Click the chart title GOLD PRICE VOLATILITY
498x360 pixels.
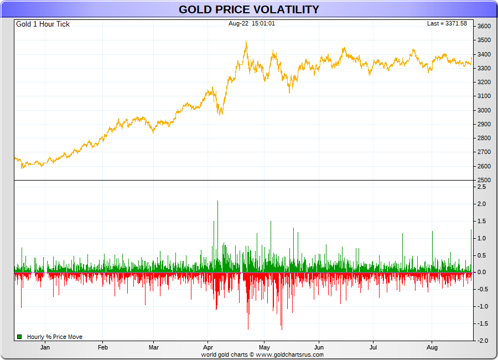tap(248, 9)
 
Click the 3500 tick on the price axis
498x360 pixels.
tap(484, 40)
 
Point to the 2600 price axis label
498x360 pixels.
tap(484, 166)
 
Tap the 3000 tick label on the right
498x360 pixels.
tap(484, 110)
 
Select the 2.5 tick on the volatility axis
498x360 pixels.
tap(481, 187)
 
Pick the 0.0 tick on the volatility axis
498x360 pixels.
tap(481, 272)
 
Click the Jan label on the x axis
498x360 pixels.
tap(45, 347)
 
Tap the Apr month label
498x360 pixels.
tap(208, 347)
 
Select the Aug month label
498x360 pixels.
tap(433, 347)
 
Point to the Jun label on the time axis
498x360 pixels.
tap(319, 347)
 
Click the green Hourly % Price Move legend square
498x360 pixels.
tap(19, 337)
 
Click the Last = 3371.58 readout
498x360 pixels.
tap(447, 24)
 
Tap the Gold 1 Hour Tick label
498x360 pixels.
tap(43, 24)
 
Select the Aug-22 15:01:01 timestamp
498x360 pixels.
tap(252, 23)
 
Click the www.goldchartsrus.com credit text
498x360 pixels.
tap(289, 354)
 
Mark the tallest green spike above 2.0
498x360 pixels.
tap(217, 202)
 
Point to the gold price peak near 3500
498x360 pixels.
tap(246, 42)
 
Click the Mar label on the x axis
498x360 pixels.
tap(154, 347)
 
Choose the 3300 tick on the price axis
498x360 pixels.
tap(484, 68)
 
